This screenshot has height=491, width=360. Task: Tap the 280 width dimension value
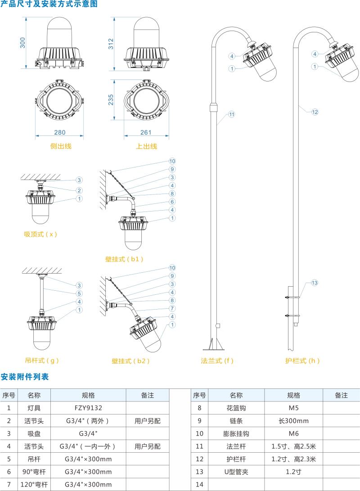click(x=60, y=132)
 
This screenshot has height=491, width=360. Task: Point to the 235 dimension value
click(x=112, y=99)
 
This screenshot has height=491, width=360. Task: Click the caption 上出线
click(x=147, y=146)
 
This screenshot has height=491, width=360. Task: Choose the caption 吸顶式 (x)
click(x=40, y=234)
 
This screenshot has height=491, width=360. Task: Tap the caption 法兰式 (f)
click(x=217, y=360)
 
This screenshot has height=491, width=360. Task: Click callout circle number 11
click(x=231, y=114)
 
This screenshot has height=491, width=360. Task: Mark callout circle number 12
click(x=315, y=112)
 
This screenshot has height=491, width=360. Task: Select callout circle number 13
click(x=315, y=283)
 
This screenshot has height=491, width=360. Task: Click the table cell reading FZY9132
click(x=88, y=408)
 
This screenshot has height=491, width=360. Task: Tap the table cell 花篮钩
click(x=236, y=408)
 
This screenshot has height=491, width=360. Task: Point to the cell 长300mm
click(x=293, y=421)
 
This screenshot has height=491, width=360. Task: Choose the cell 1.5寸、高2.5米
click(x=293, y=446)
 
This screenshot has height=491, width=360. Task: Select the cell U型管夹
click(x=236, y=472)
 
